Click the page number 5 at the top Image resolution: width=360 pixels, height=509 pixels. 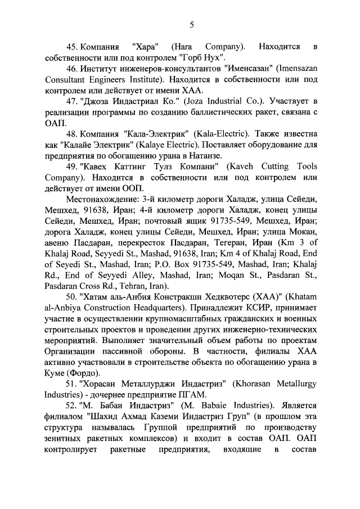coord(191,24)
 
